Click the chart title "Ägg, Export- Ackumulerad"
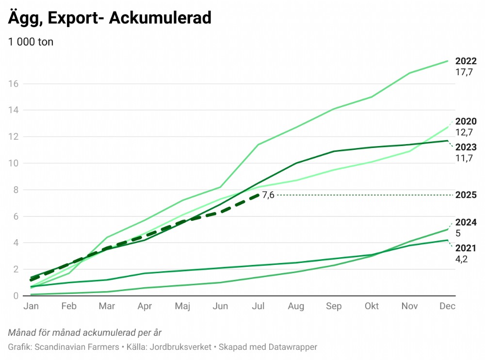click(x=110, y=18)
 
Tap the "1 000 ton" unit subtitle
click(x=31, y=42)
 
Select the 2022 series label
click(x=466, y=61)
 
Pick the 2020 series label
click(x=466, y=121)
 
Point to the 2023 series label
click(x=466, y=147)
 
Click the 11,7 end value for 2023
click(x=464, y=158)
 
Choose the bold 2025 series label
click(x=466, y=195)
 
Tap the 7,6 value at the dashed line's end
click(x=268, y=195)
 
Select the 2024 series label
click(x=466, y=223)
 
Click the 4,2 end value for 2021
click(x=462, y=259)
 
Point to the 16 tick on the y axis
click(x=13, y=83)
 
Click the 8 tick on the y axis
click(x=16, y=190)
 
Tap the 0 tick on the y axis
click(x=16, y=296)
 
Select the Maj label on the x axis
click(x=182, y=307)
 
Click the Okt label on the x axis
click(x=372, y=307)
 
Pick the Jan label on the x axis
click(x=31, y=307)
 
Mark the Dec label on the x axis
click(x=447, y=307)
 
